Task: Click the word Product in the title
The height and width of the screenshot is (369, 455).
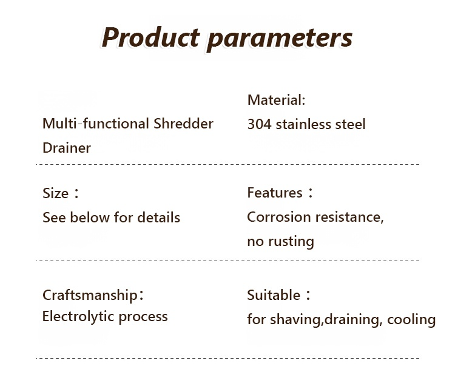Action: [150, 37]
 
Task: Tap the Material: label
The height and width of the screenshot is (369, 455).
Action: [276, 100]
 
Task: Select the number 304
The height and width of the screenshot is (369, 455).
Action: [260, 124]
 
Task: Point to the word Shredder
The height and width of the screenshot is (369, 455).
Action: [183, 124]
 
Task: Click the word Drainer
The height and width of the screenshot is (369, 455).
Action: [67, 148]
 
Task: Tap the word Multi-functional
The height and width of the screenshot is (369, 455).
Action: [96, 124]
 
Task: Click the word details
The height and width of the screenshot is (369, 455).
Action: [158, 217]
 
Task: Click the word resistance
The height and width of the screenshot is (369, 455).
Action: [349, 217]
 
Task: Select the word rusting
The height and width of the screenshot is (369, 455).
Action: [291, 242]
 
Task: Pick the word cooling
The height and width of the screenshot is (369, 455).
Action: [411, 320]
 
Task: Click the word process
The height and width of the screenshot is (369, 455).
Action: [143, 317]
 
